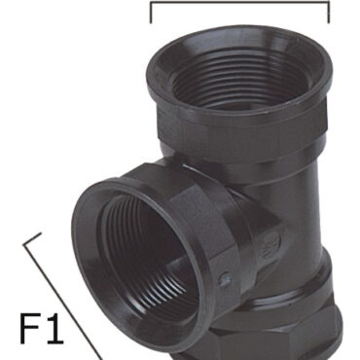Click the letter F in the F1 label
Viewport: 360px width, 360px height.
(x=31, y=328)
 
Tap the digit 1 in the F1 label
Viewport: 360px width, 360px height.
(x=54, y=328)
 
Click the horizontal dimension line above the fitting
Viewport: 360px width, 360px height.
(x=239, y=3)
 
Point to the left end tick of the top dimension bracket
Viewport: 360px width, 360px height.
(x=151, y=13)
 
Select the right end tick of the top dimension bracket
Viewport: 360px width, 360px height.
(x=329, y=13)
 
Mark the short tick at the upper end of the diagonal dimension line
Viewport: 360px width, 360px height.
(x=32, y=238)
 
